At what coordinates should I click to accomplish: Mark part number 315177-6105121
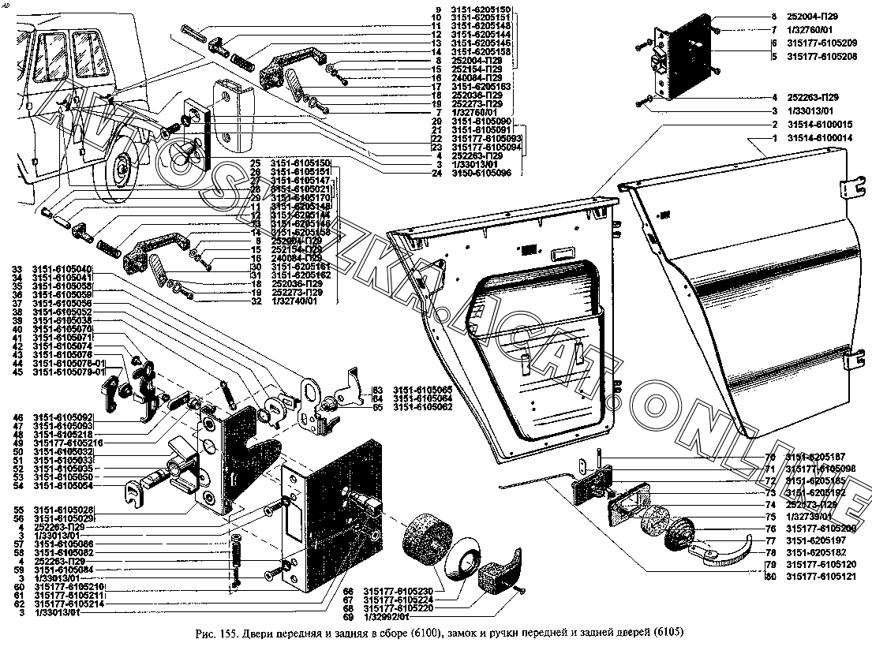(x=820, y=577)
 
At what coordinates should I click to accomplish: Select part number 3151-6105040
(x=62, y=269)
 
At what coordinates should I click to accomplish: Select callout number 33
(x=16, y=269)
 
